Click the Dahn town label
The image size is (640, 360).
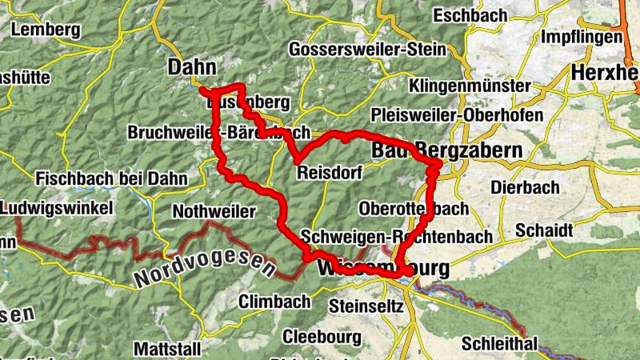click(x=193, y=68)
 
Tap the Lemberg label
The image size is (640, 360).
click(x=46, y=30)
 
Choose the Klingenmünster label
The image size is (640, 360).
click(x=470, y=86)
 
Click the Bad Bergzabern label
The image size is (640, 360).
click(x=446, y=150)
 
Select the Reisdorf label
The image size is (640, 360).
click(x=329, y=173)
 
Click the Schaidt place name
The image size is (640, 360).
click(x=544, y=230)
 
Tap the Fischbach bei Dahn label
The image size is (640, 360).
click(x=110, y=177)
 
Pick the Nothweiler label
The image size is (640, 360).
click(x=214, y=212)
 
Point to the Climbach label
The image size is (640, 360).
click(x=274, y=302)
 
